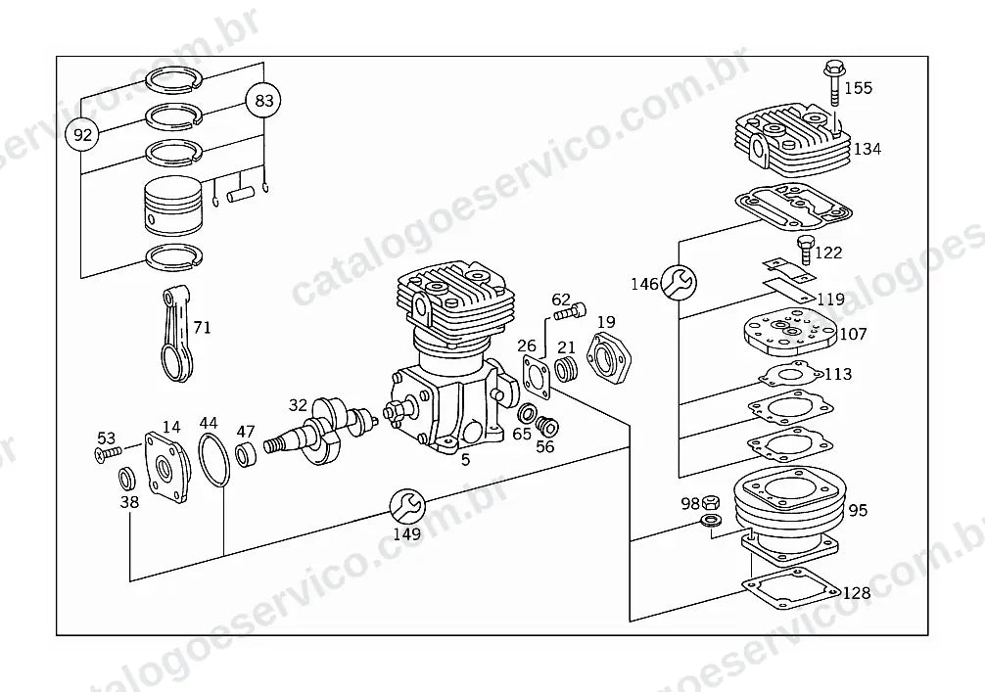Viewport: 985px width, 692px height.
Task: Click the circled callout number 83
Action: pos(263,101)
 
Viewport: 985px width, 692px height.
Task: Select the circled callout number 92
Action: pos(82,134)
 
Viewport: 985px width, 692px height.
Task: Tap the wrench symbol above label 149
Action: pos(407,506)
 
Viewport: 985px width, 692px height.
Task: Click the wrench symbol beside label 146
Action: pos(680,282)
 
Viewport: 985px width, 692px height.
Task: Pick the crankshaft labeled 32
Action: pos(321,431)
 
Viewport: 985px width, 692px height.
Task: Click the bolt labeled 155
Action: pos(833,85)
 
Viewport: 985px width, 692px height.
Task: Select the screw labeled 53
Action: pos(108,453)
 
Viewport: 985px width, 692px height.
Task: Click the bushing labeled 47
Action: pos(246,454)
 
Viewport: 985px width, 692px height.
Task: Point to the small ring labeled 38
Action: pos(127,479)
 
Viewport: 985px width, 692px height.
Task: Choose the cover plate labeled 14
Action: pos(167,468)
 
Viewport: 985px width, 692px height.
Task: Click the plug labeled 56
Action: pos(547,427)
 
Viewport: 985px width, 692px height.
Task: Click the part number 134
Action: pos(867,150)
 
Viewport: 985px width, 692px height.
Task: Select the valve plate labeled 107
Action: pos(789,332)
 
